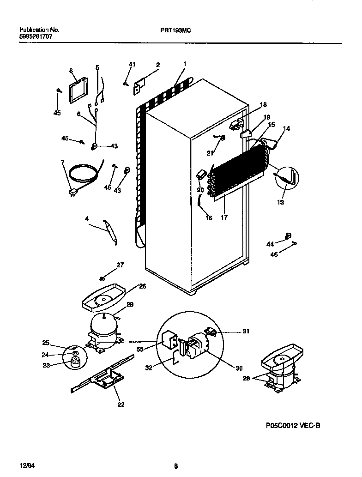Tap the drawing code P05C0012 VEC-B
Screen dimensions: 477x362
pyautogui.click(x=287, y=426)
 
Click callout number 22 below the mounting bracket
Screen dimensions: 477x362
pyautogui.click(x=120, y=405)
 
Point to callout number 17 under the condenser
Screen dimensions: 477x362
pyautogui.click(x=224, y=217)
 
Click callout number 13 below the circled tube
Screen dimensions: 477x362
pyautogui.click(x=281, y=202)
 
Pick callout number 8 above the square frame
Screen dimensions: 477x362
pyautogui.click(x=71, y=71)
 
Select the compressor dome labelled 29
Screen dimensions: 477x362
pyautogui.click(x=103, y=323)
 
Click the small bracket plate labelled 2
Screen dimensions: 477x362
pyautogui.click(x=139, y=85)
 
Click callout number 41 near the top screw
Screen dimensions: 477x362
pyautogui.click(x=132, y=64)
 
